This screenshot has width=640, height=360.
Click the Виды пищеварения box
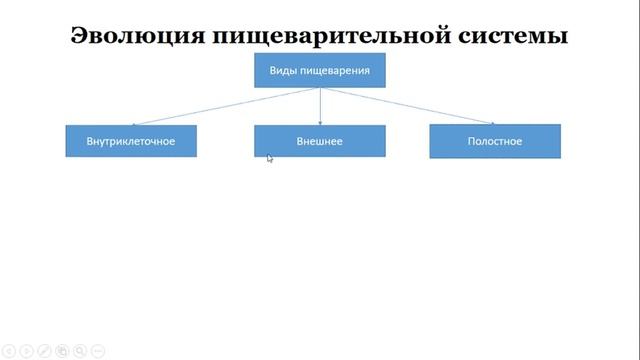320,70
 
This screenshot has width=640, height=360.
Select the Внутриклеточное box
131,141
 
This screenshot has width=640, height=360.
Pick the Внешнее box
320,141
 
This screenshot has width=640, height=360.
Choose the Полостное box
495,141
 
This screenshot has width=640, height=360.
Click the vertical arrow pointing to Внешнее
320,106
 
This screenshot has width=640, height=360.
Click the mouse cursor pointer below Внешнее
270,158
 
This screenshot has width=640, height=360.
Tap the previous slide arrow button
8,351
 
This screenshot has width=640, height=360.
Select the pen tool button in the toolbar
44,351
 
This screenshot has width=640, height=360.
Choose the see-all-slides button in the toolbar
62,351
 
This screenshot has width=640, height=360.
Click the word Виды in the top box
282,70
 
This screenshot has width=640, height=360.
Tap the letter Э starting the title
80,36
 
